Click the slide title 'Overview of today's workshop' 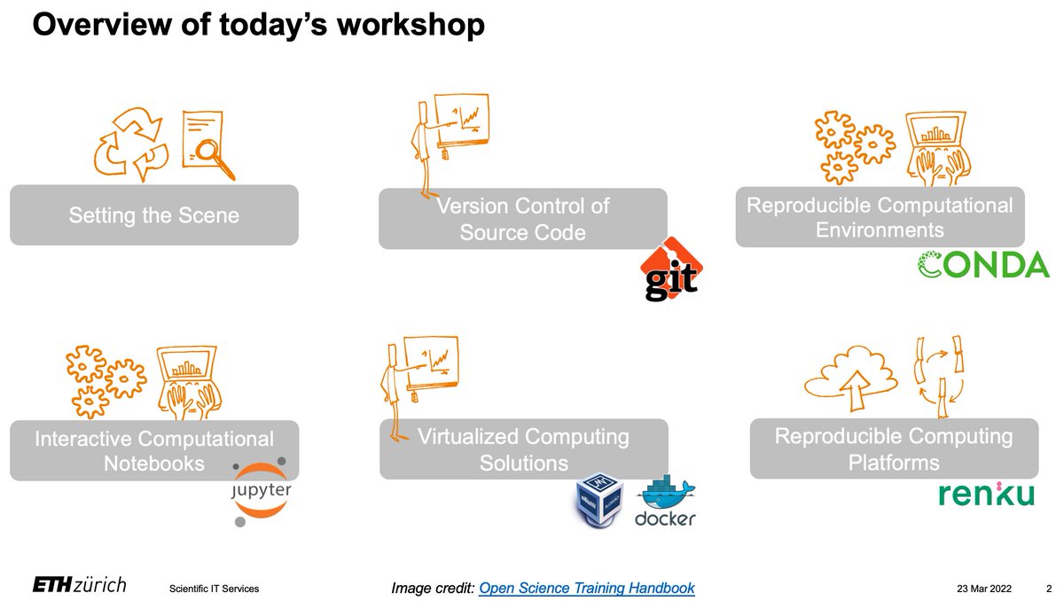(258, 24)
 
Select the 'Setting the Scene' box (153, 215)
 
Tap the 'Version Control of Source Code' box (522, 219)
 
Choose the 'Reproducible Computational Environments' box (879, 217)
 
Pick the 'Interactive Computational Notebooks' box (153, 450)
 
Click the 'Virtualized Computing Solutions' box (523, 449)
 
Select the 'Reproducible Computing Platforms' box (893, 449)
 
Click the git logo (671, 269)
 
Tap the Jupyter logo (261, 493)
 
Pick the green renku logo (987, 494)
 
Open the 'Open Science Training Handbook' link (586, 588)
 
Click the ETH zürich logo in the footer (80, 585)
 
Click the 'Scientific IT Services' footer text (214, 589)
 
